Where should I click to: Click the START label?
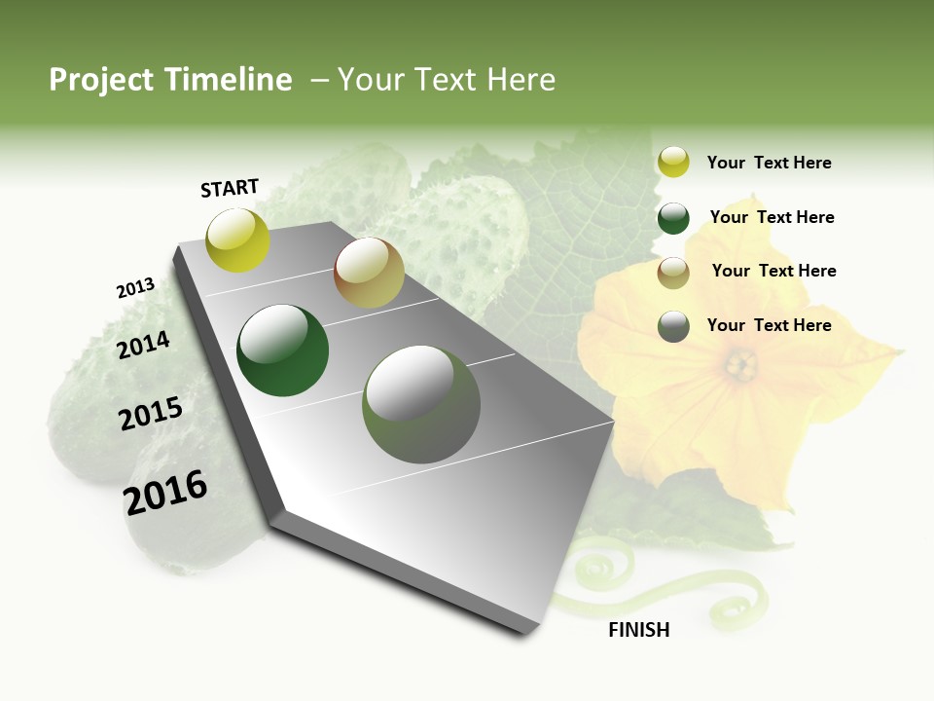click(230, 188)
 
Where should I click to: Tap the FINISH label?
click(639, 630)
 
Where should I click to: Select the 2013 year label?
click(135, 288)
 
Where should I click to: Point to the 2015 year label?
click(151, 414)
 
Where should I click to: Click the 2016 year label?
click(165, 492)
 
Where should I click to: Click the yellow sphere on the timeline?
click(238, 240)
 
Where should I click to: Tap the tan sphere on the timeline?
click(369, 273)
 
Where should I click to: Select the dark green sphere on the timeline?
click(283, 350)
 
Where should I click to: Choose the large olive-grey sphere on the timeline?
click(421, 404)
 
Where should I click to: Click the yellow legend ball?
click(673, 163)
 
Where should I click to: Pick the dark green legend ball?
click(673, 218)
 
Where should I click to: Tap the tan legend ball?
click(673, 273)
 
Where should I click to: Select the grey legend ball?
click(673, 326)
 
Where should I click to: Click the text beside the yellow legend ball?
click(769, 163)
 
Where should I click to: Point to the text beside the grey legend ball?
click(769, 325)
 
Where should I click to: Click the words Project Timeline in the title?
click(170, 80)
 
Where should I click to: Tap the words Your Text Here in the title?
click(446, 80)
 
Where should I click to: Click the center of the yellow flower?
click(741, 367)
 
